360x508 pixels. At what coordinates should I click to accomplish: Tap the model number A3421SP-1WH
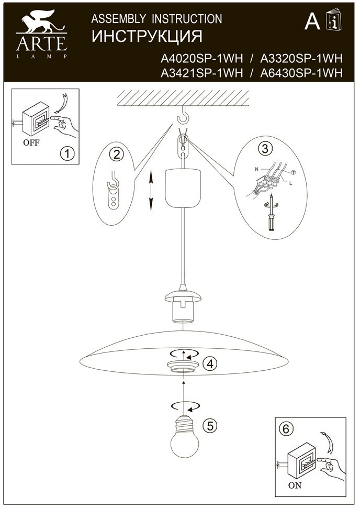tap(203, 73)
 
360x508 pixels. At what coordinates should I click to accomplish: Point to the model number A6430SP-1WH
tap(301, 73)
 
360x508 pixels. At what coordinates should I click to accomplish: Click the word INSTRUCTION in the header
tap(187, 19)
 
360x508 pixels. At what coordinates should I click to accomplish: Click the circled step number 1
tap(66, 153)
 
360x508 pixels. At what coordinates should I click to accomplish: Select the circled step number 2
tap(116, 154)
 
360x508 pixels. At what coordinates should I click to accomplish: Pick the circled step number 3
tap(265, 149)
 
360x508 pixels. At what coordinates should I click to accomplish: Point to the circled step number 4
tap(210, 363)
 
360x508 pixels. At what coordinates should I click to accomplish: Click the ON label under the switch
tap(295, 485)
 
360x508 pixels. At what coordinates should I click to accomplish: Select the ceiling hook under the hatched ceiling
tap(184, 112)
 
